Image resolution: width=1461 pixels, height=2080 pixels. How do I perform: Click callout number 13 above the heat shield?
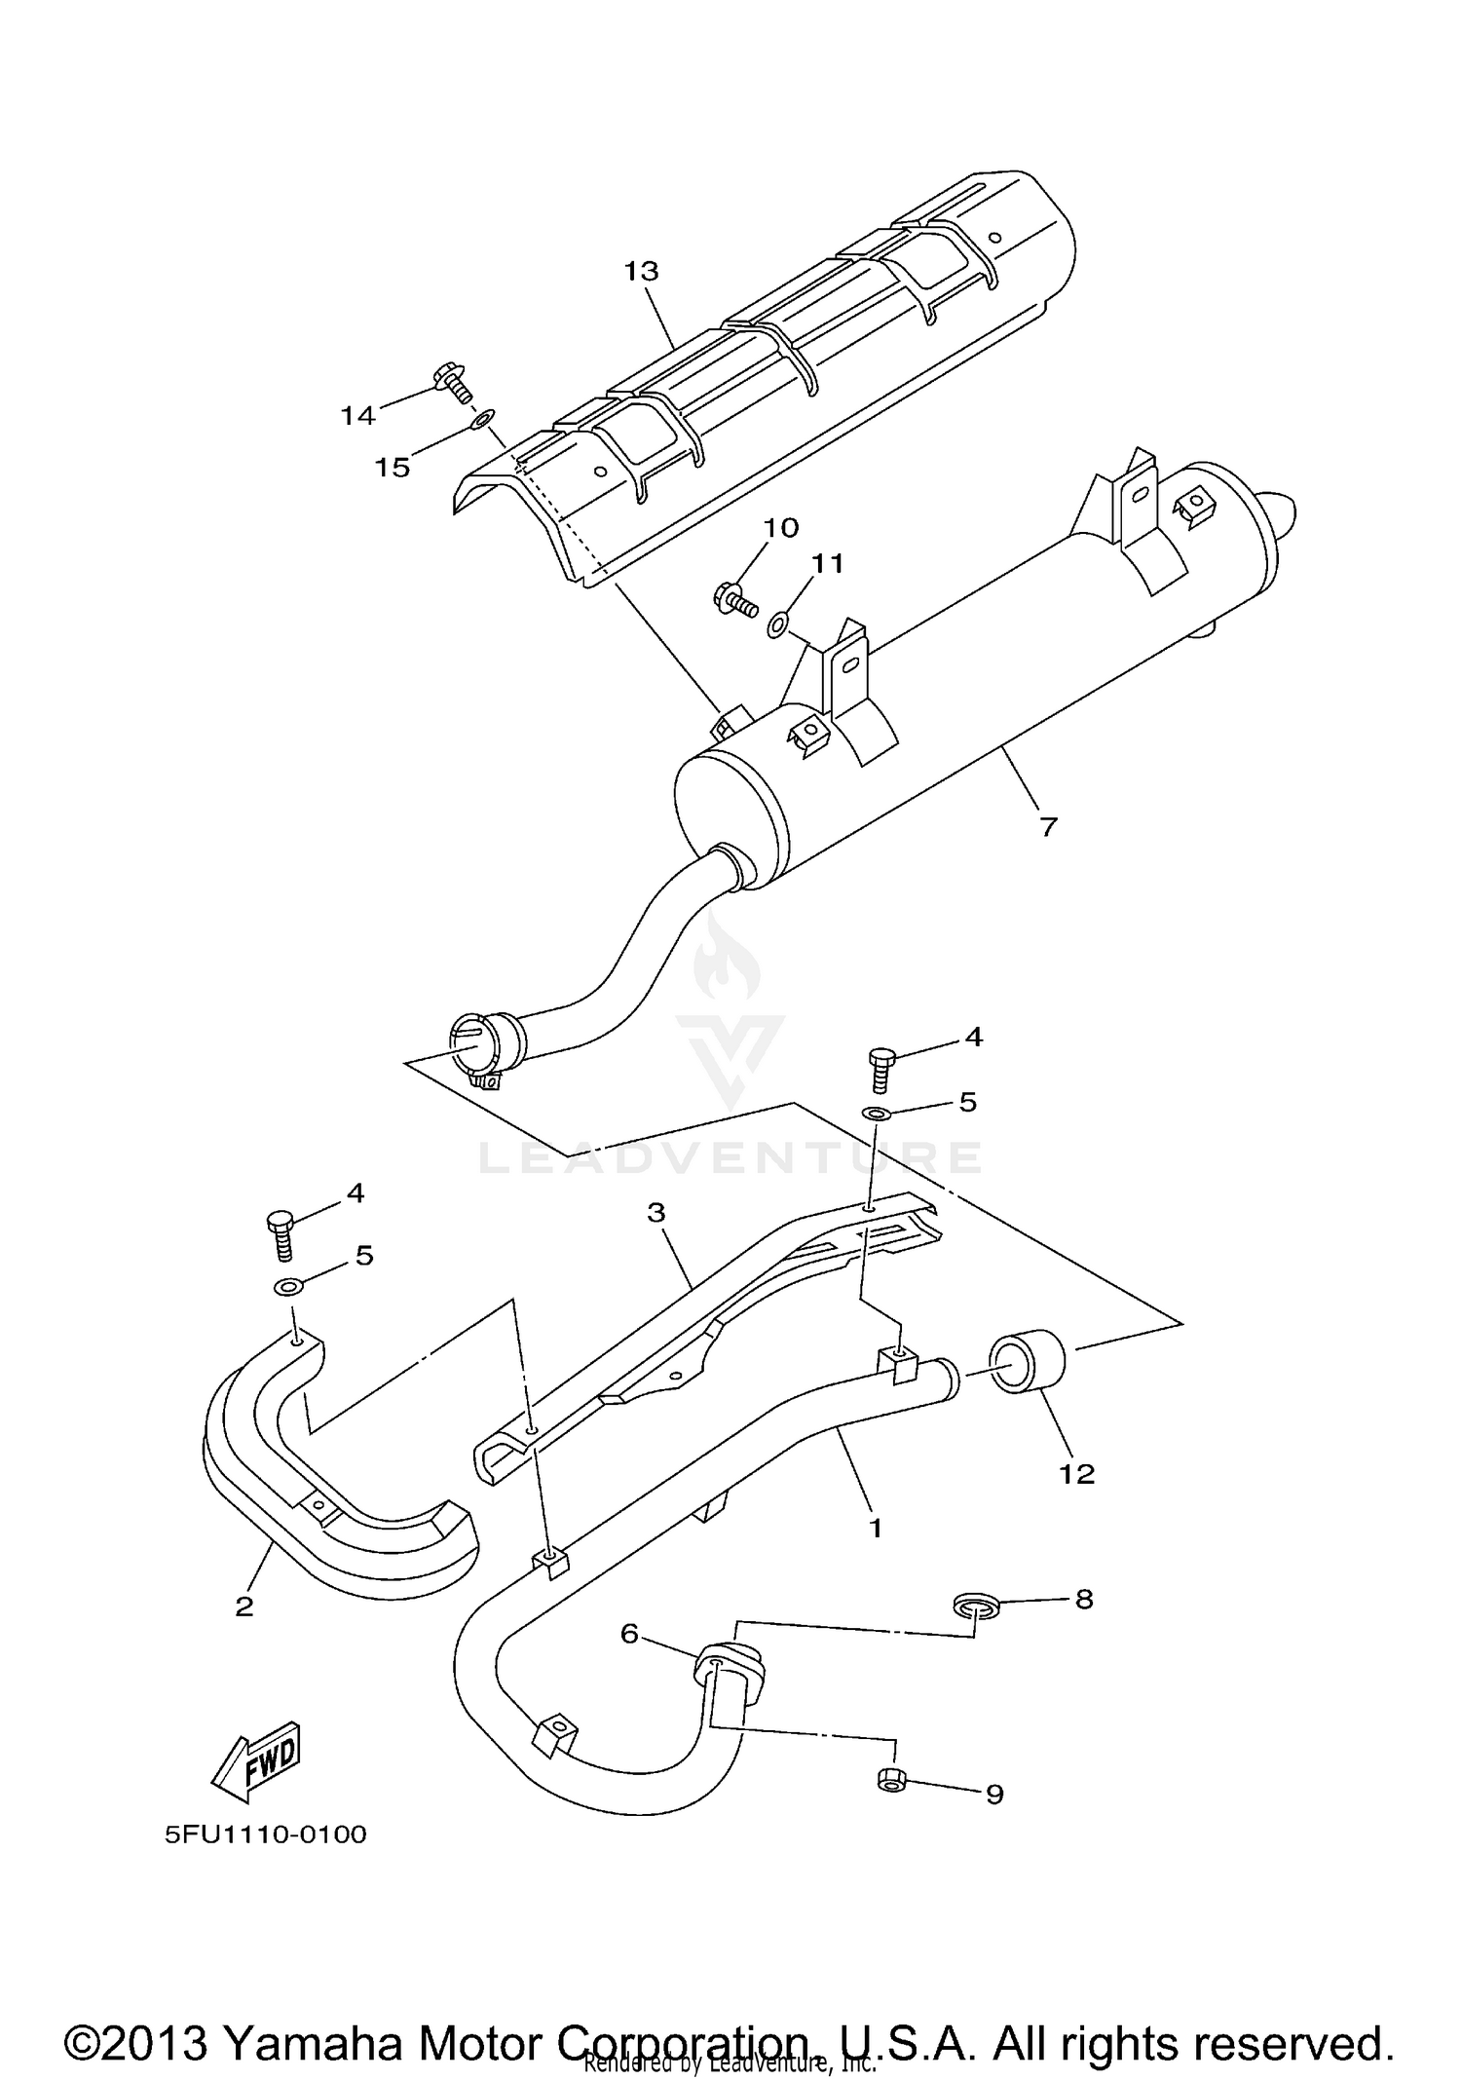(641, 271)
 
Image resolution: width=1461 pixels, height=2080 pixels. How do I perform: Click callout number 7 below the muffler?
(1048, 827)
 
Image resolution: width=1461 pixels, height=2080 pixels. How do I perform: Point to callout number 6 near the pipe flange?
(629, 1633)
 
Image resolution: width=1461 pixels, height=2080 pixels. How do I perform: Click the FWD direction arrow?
(256, 1760)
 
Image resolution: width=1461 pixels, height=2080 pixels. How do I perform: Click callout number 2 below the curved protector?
(243, 1607)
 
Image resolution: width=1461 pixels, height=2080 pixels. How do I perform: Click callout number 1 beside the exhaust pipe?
(875, 1528)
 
